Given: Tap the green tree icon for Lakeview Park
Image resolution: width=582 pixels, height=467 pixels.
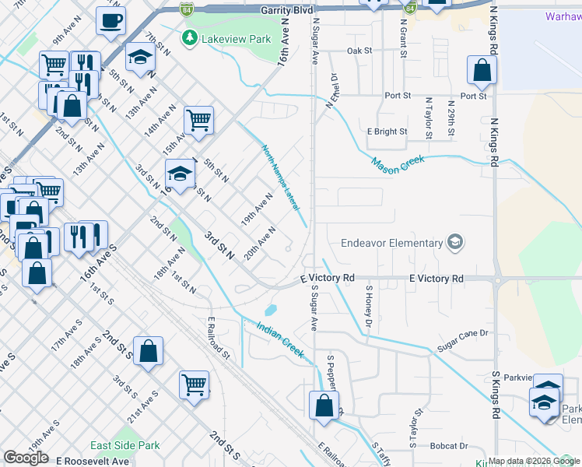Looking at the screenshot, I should [188, 37].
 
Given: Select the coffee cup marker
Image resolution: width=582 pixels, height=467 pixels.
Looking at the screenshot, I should [111, 21].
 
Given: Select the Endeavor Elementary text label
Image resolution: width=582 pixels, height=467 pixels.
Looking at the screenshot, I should [391, 243].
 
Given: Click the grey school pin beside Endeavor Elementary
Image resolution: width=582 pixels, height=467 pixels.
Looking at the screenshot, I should [454, 243].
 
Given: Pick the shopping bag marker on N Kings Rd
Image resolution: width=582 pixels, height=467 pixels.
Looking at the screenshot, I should [482, 72].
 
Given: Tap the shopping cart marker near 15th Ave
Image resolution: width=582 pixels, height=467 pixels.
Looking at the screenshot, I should [198, 121].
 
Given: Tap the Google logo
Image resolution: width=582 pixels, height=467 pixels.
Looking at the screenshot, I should [25, 458].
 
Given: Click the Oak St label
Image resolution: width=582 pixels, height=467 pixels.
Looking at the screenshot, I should [359, 51].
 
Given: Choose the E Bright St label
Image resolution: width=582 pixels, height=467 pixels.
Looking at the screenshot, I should [387, 132].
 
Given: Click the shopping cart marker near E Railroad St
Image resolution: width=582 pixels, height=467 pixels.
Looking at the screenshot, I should [194, 384].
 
